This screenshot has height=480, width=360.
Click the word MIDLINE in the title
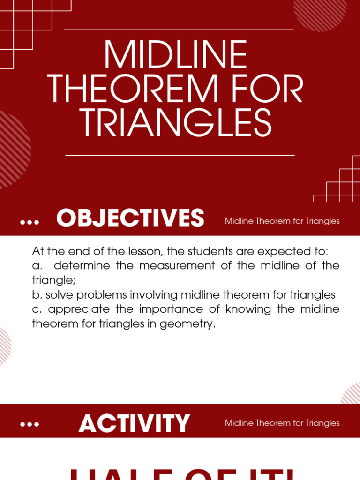[x=175, y=55]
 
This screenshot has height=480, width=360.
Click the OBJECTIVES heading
[x=130, y=218]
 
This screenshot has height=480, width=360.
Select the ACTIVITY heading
[x=135, y=423]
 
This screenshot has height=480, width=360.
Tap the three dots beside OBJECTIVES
[x=30, y=223]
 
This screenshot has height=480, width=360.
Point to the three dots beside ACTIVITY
[x=30, y=425]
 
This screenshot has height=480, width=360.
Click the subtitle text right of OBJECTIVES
[x=282, y=221]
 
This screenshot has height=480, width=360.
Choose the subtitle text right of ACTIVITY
[x=282, y=423]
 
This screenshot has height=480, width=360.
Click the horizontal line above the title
[x=179, y=30]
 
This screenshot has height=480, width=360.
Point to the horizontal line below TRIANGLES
[x=180, y=155]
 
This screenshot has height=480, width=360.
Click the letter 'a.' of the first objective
[x=37, y=265]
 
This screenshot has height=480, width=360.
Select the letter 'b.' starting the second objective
[x=37, y=295]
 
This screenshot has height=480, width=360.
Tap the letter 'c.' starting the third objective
[x=37, y=309]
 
